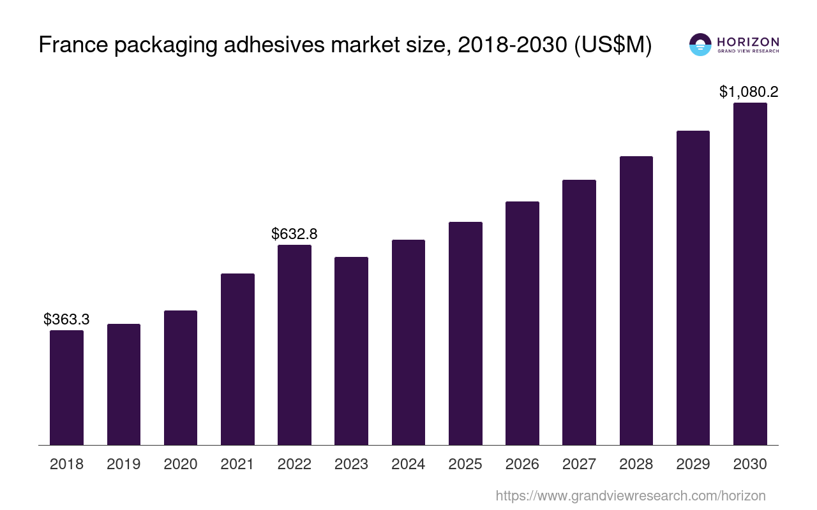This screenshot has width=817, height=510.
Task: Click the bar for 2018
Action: click(x=66, y=388)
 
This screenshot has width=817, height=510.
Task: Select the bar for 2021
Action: click(x=237, y=359)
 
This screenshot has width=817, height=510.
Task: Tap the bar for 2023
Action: click(x=351, y=351)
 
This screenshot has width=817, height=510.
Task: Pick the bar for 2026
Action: click(x=522, y=323)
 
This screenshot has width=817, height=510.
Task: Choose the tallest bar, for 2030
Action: click(x=750, y=274)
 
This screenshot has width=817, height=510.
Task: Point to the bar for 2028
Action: click(x=636, y=300)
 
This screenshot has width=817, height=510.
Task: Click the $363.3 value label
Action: click(x=66, y=319)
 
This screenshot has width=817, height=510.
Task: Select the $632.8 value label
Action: click(x=294, y=234)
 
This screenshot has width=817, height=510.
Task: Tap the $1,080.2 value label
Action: click(x=749, y=92)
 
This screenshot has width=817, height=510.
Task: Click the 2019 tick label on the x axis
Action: click(x=123, y=464)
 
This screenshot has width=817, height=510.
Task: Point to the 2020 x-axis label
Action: click(x=181, y=464)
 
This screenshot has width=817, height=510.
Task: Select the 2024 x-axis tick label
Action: click(x=408, y=464)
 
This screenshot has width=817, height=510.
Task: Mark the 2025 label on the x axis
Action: click(x=465, y=464)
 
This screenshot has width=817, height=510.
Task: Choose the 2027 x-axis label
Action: click(x=579, y=464)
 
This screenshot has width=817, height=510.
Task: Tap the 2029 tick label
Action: click(x=693, y=464)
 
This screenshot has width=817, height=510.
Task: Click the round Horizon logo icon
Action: click(x=700, y=45)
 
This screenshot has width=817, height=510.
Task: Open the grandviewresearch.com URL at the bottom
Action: click(x=630, y=495)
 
